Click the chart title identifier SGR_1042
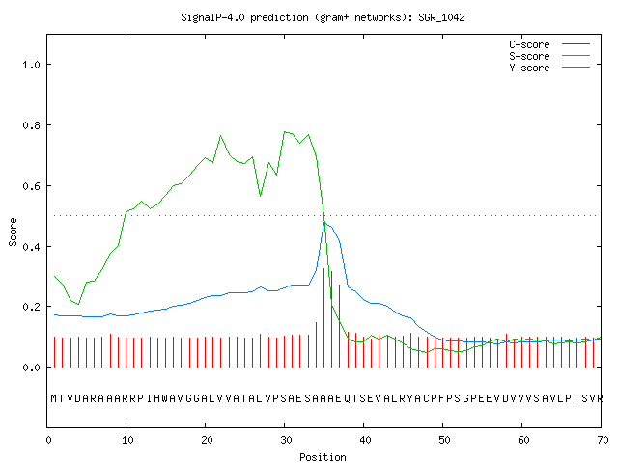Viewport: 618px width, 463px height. (x=441, y=17)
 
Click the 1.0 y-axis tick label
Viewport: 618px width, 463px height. (x=32, y=65)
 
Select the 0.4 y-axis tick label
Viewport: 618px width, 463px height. (x=32, y=247)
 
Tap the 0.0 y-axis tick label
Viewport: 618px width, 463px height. (x=32, y=368)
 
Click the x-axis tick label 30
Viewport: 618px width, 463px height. (x=286, y=440)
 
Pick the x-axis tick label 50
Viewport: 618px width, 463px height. (x=444, y=440)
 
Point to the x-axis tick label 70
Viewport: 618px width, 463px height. (x=603, y=440)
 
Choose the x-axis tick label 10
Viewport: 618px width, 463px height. (x=127, y=440)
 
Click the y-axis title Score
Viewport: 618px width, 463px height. (x=13, y=231)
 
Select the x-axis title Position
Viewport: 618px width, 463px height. (x=323, y=457)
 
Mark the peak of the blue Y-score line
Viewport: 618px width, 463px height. (x=324, y=223)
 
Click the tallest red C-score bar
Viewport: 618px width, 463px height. (x=324, y=317)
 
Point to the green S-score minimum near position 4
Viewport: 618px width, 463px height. (x=78, y=304)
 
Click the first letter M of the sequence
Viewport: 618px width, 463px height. (x=54, y=398)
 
